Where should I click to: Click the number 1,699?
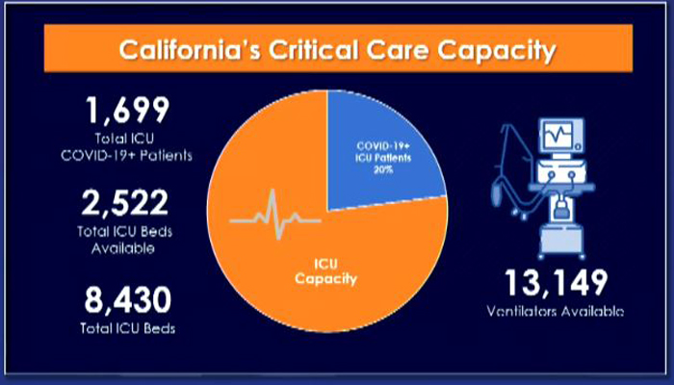128,111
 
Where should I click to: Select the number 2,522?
124,203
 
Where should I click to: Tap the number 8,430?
128,300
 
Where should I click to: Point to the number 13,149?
556,284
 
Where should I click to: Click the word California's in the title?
189,50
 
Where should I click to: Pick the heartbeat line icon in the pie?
275,215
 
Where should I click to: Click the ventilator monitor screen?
558,134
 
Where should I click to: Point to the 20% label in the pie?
383,169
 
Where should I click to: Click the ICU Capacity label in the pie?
325,272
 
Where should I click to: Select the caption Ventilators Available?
555,311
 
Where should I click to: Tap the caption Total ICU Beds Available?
124,240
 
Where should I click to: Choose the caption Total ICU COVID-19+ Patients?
126,147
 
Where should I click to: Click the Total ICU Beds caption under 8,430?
128,329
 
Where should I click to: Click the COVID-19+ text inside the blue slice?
383,146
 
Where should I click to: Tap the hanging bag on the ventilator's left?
498,192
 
